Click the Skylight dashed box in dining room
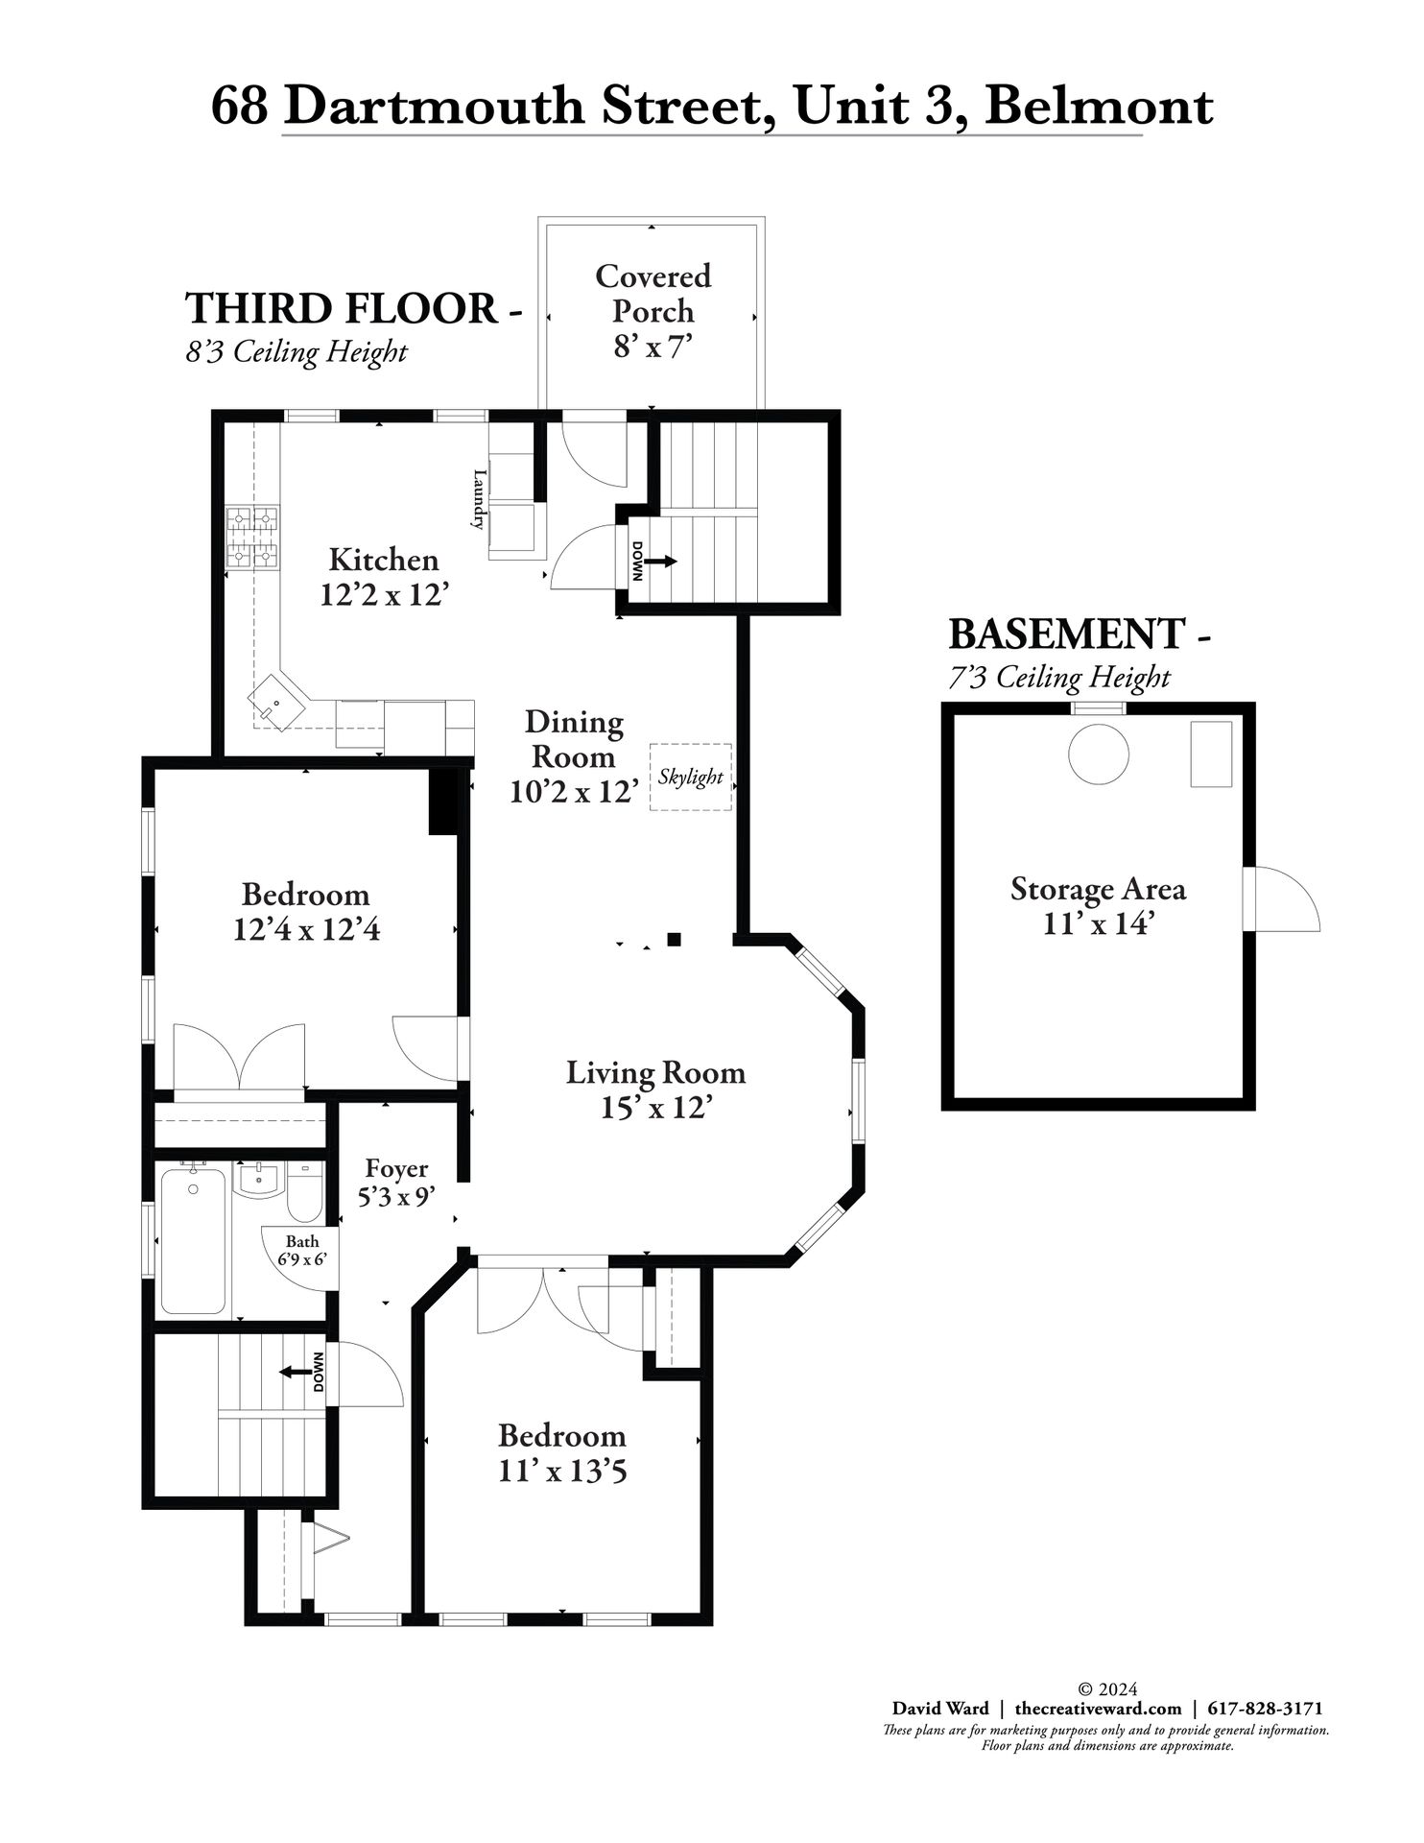coord(690,777)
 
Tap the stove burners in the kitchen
coord(252,538)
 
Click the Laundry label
coord(478,499)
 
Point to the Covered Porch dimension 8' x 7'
coord(653,347)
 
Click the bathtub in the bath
coord(193,1239)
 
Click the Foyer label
coord(396,1168)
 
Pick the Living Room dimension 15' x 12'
coord(655,1108)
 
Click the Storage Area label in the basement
coord(1098,889)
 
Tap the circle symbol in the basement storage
coord(1099,754)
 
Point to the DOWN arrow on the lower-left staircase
coord(296,1372)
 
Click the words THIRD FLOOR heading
coord(341,308)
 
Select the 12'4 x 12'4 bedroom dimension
coord(306,929)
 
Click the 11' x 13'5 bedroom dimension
coord(562,1471)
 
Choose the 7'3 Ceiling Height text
coord(1059,678)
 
